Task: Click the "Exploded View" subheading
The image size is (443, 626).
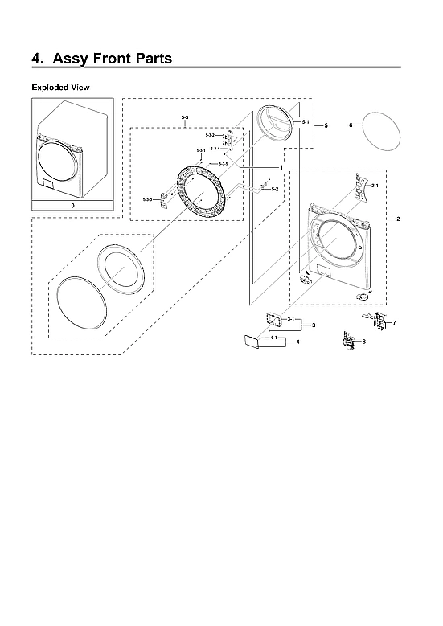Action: click(x=60, y=87)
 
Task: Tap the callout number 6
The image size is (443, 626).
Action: click(x=351, y=125)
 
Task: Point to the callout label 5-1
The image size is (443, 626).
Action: click(x=306, y=121)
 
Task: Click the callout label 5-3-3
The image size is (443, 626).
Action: click(x=147, y=198)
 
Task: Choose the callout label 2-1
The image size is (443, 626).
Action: click(x=374, y=186)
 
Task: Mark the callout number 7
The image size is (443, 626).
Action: click(x=394, y=322)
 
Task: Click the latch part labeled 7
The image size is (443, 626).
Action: click(x=376, y=321)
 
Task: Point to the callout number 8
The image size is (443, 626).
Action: click(x=363, y=342)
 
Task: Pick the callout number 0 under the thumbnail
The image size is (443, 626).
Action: click(x=72, y=206)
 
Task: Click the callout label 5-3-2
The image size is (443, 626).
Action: click(x=209, y=135)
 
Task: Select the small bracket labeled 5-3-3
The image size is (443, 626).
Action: click(x=166, y=198)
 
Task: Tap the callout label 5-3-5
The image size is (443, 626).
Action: click(x=224, y=164)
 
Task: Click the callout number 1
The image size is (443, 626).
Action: click(x=281, y=166)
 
